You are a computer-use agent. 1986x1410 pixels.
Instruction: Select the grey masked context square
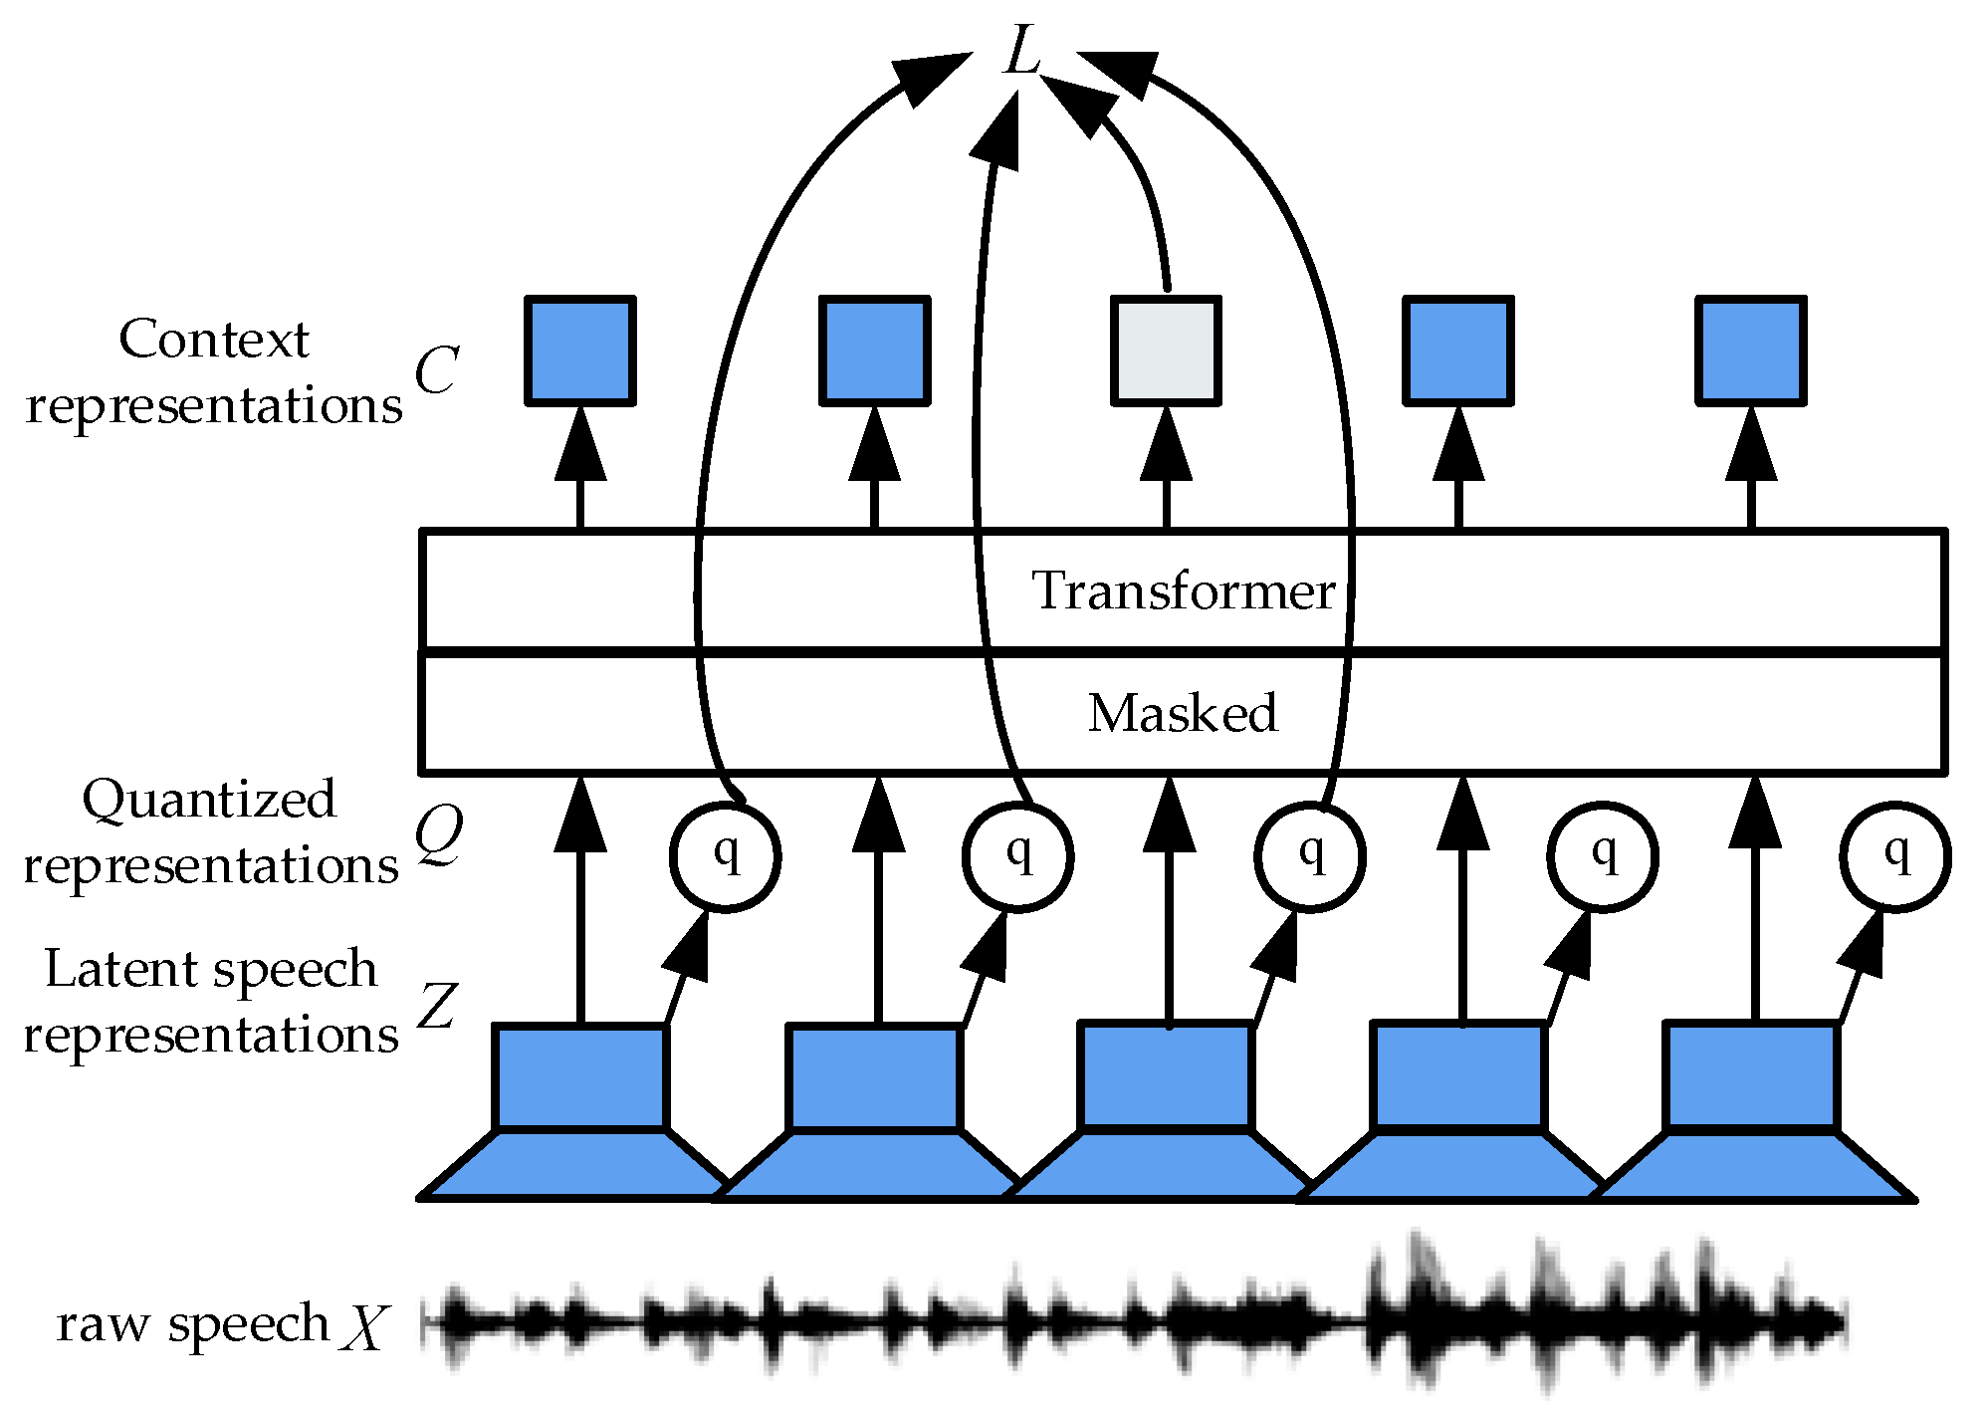(x=1166, y=352)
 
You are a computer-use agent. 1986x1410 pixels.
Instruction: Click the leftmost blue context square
(x=580, y=352)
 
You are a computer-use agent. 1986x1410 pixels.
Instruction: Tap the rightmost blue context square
(x=1751, y=352)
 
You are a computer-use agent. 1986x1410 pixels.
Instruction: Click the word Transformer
(x=1183, y=590)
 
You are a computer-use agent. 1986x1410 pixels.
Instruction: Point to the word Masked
(x=1183, y=713)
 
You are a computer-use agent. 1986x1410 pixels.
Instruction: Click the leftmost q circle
(x=725, y=856)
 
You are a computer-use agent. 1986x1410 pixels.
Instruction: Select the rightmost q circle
(x=1895, y=856)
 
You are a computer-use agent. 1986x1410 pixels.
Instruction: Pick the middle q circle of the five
(x=1310, y=856)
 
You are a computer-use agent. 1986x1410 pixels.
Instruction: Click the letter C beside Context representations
(x=436, y=370)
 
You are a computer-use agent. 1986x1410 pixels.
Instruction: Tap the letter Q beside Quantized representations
(x=439, y=834)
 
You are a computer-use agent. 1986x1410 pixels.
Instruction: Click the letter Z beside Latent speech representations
(x=437, y=1006)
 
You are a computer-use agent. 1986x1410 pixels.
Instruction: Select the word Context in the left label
(x=214, y=339)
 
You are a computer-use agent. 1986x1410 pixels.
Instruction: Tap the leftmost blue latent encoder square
(x=580, y=1077)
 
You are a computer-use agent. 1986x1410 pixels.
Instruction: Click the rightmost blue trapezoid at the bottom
(x=1752, y=1165)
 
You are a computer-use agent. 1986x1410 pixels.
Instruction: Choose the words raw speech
(x=192, y=1325)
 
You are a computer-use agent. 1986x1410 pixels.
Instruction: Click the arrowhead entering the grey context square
(x=1166, y=444)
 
